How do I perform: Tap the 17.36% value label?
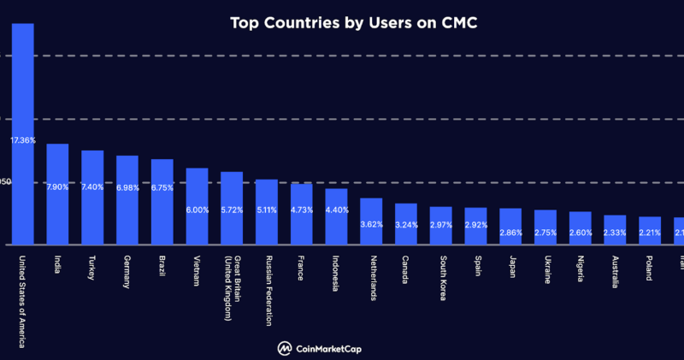[22, 139]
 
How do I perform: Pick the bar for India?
[57, 205]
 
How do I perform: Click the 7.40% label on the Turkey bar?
[92, 187]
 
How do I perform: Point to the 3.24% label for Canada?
[406, 226]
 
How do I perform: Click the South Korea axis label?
[442, 277]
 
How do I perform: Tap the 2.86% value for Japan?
[510, 233]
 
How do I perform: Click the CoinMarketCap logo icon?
[283, 348]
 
